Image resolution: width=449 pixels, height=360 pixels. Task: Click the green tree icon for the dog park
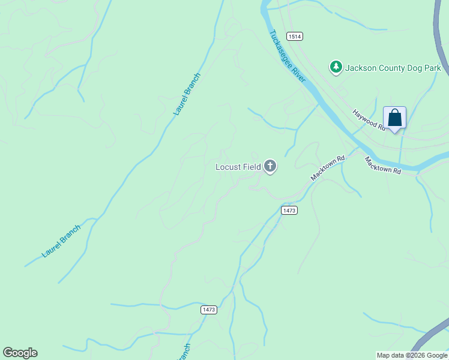tap(336, 68)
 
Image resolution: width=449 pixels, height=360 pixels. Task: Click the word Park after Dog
tap(436, 68)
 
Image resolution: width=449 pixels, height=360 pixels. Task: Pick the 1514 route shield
tap(294, 37)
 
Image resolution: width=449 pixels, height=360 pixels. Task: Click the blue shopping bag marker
tap(395, 117)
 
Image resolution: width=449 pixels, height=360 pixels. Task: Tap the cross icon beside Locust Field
tap(270, 166)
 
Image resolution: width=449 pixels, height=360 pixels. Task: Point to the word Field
tap(252, 167)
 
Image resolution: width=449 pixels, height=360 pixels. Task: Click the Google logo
tap(20, 353)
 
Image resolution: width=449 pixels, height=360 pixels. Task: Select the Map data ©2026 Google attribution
tap(412, 355)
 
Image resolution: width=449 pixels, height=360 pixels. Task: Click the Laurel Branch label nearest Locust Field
tap(187, 94)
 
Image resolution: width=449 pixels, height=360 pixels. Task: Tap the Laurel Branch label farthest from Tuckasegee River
tap(61, 241)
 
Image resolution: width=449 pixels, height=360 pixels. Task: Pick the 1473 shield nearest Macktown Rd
tap(289, 210)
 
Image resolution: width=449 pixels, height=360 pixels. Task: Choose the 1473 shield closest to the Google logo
tap(208, 310)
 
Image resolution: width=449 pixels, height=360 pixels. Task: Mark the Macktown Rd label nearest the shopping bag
tap(382, 166)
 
